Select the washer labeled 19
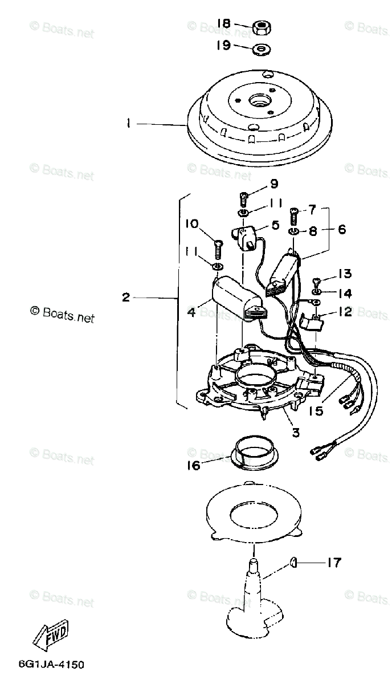pyautogui.click(x=262, y=49)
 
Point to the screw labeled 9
pyautogui.click(x=244, y=199)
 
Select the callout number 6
pyautogui.click(x=342, y=229)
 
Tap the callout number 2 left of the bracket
pyautogui.click(x=126, y=297)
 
